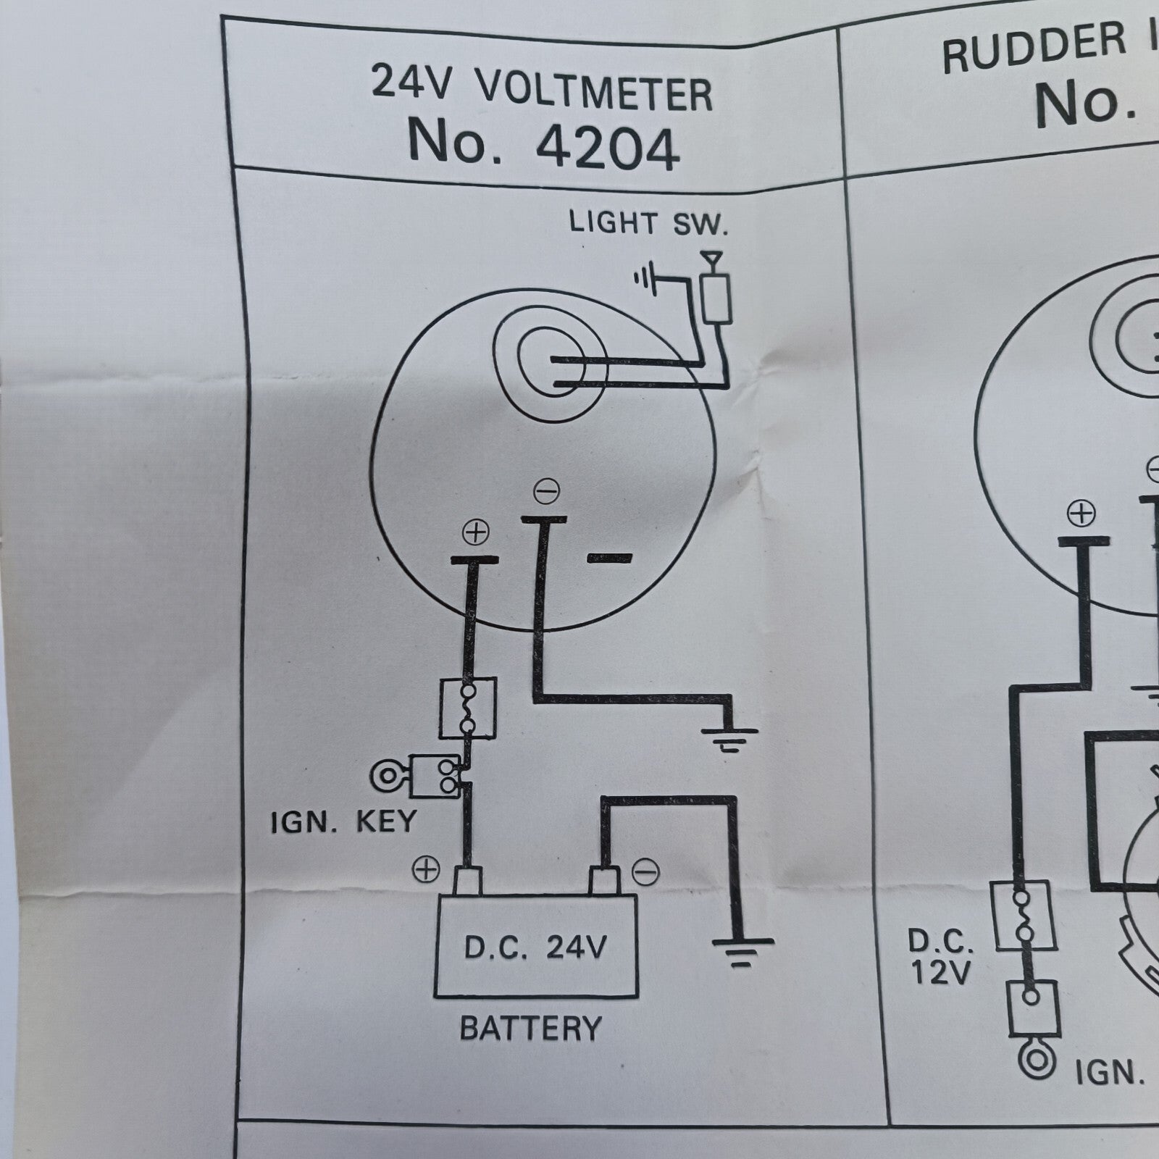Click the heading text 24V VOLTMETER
tap(542, 93)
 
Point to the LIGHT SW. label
tap(647, 223)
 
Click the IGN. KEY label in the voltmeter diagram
tap(343, 821)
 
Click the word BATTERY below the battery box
tap(531, 1029)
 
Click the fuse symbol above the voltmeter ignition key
tap(468, 708)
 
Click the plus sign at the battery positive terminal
tap(427, 869)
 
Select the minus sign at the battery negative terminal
tap(645, 872)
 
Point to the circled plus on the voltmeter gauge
tap(476, 533)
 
